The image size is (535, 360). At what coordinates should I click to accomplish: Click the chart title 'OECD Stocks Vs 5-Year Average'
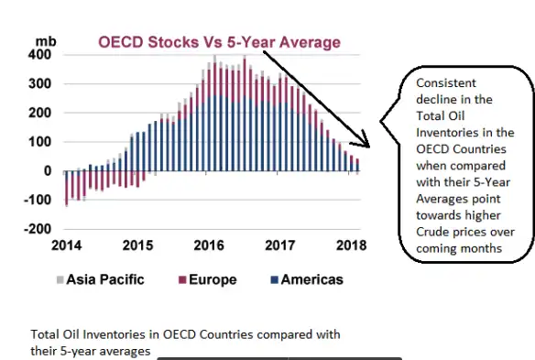219,42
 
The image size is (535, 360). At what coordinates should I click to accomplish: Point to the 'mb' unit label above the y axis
45,41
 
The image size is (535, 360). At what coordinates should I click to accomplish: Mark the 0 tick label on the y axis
48,171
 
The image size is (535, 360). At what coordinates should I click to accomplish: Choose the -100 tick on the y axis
38,200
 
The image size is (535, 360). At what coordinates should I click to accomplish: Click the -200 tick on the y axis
38,229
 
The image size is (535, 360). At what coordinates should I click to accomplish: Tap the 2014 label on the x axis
66,245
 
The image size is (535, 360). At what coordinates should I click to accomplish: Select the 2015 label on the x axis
137,245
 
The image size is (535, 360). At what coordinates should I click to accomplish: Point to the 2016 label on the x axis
209,245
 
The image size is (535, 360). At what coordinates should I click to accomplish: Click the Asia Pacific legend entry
101,279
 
